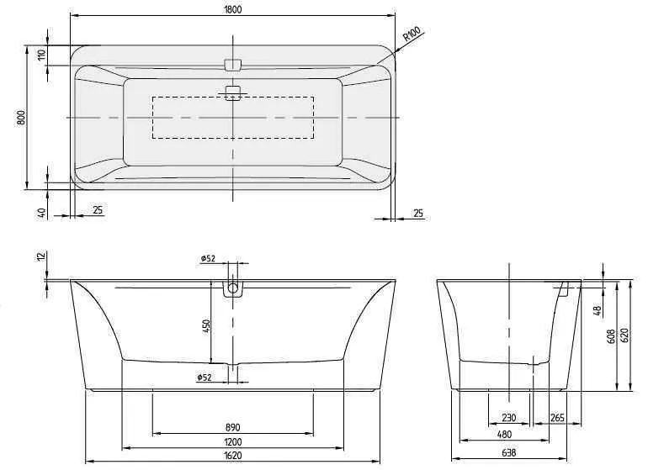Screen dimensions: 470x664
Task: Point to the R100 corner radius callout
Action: [411, 34]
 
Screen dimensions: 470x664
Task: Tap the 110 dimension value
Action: [40, 56]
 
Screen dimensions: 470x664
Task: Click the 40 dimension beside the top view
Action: [40, 213]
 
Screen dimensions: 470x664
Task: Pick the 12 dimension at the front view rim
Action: [40, 256]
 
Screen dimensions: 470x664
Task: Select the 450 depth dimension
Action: [205, 326]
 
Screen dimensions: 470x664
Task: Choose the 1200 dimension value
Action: [233, 441]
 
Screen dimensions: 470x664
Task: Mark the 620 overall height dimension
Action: [624, 335]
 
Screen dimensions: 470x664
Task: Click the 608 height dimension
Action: [610, 336]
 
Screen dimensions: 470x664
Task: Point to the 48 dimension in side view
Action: [597, 310]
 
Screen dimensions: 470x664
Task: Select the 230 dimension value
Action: [509, 418]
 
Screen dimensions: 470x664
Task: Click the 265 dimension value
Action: [556, 418]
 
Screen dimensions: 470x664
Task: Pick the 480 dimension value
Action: [503, 435]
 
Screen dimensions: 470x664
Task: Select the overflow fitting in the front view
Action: [233, 290]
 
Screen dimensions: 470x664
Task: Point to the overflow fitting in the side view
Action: [565, 290]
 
